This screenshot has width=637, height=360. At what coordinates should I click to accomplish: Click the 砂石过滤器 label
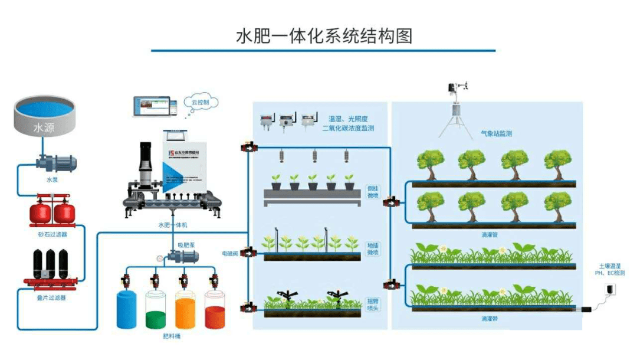coord(52,234)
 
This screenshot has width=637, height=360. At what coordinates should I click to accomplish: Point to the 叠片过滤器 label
coord(52,297)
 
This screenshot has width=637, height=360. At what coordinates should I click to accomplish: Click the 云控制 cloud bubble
coord(201,102)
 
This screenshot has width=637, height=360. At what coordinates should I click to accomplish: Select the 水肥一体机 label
coord(172,225)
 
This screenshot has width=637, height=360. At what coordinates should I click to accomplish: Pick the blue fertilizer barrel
coord(127,309)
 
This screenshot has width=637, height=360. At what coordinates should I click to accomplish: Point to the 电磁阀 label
coord(229,253)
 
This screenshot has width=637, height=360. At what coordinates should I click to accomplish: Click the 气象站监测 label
coord(496,134)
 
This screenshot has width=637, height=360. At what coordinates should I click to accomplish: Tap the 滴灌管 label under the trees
coord(490,234)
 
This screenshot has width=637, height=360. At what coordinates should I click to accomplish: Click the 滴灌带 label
coord(490,318)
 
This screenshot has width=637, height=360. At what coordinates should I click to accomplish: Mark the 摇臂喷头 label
coord(373,304)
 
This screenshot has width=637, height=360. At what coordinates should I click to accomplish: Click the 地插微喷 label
coord(373,248)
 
